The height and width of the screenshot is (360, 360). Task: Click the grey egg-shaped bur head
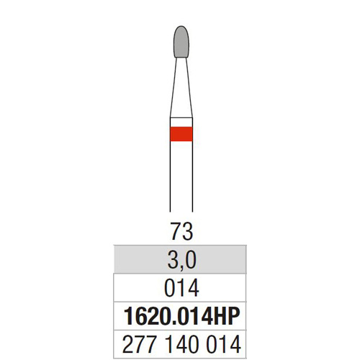(181, 42)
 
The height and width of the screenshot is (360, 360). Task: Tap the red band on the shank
(181, 134)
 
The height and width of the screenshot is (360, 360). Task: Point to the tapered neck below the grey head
(181, 88)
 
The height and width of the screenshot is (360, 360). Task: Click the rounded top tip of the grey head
(181, 26)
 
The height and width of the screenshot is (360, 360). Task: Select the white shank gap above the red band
(181, 122)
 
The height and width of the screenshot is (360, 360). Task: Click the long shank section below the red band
(181, 176)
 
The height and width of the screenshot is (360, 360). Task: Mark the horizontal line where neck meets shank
(181, 118)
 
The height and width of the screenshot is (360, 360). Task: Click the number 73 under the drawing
(181, 231)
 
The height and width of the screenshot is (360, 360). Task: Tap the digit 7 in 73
(176, 231)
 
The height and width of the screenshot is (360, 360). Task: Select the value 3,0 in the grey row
(181, 260)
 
